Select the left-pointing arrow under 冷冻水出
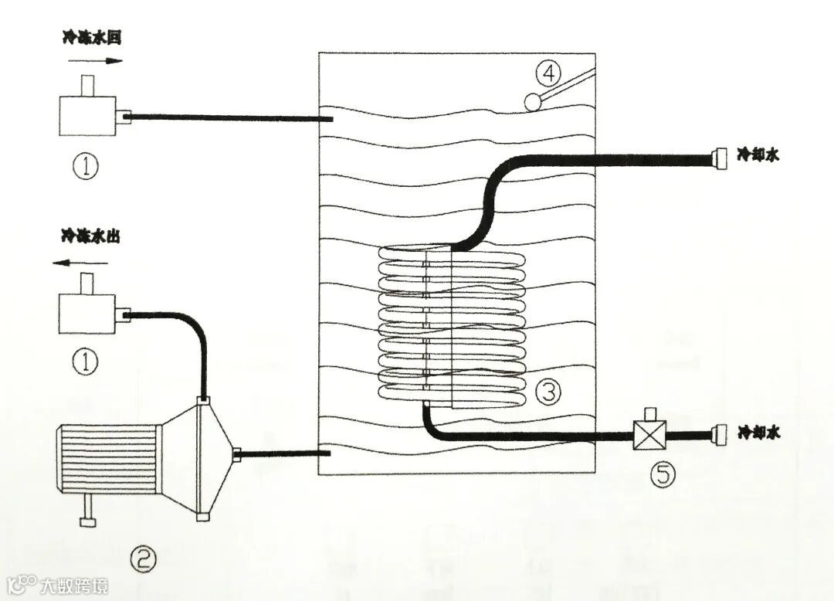(x=80, y=263)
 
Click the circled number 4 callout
(x=548, y=75)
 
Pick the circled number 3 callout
(x=548, y=392)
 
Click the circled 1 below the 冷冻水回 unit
(x=86, y=166)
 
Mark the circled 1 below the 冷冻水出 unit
(x=86, y=362)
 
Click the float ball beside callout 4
(x=532, y=100)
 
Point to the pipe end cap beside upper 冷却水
(x=719, y=158)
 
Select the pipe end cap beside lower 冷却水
(x=720, y=435)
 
